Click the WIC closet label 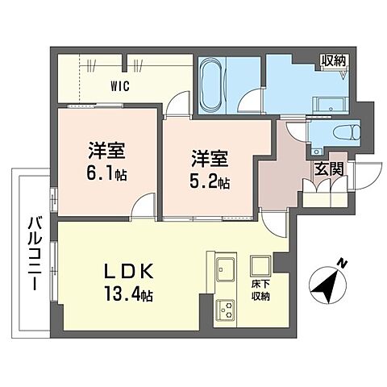[x=119, y=84]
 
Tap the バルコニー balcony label [x=33, y=252]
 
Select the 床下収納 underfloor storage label [x=260, y=290]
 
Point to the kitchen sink [x=223, y=269]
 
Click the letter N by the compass [x=343, y=262]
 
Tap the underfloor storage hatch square [x=260, y=265]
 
